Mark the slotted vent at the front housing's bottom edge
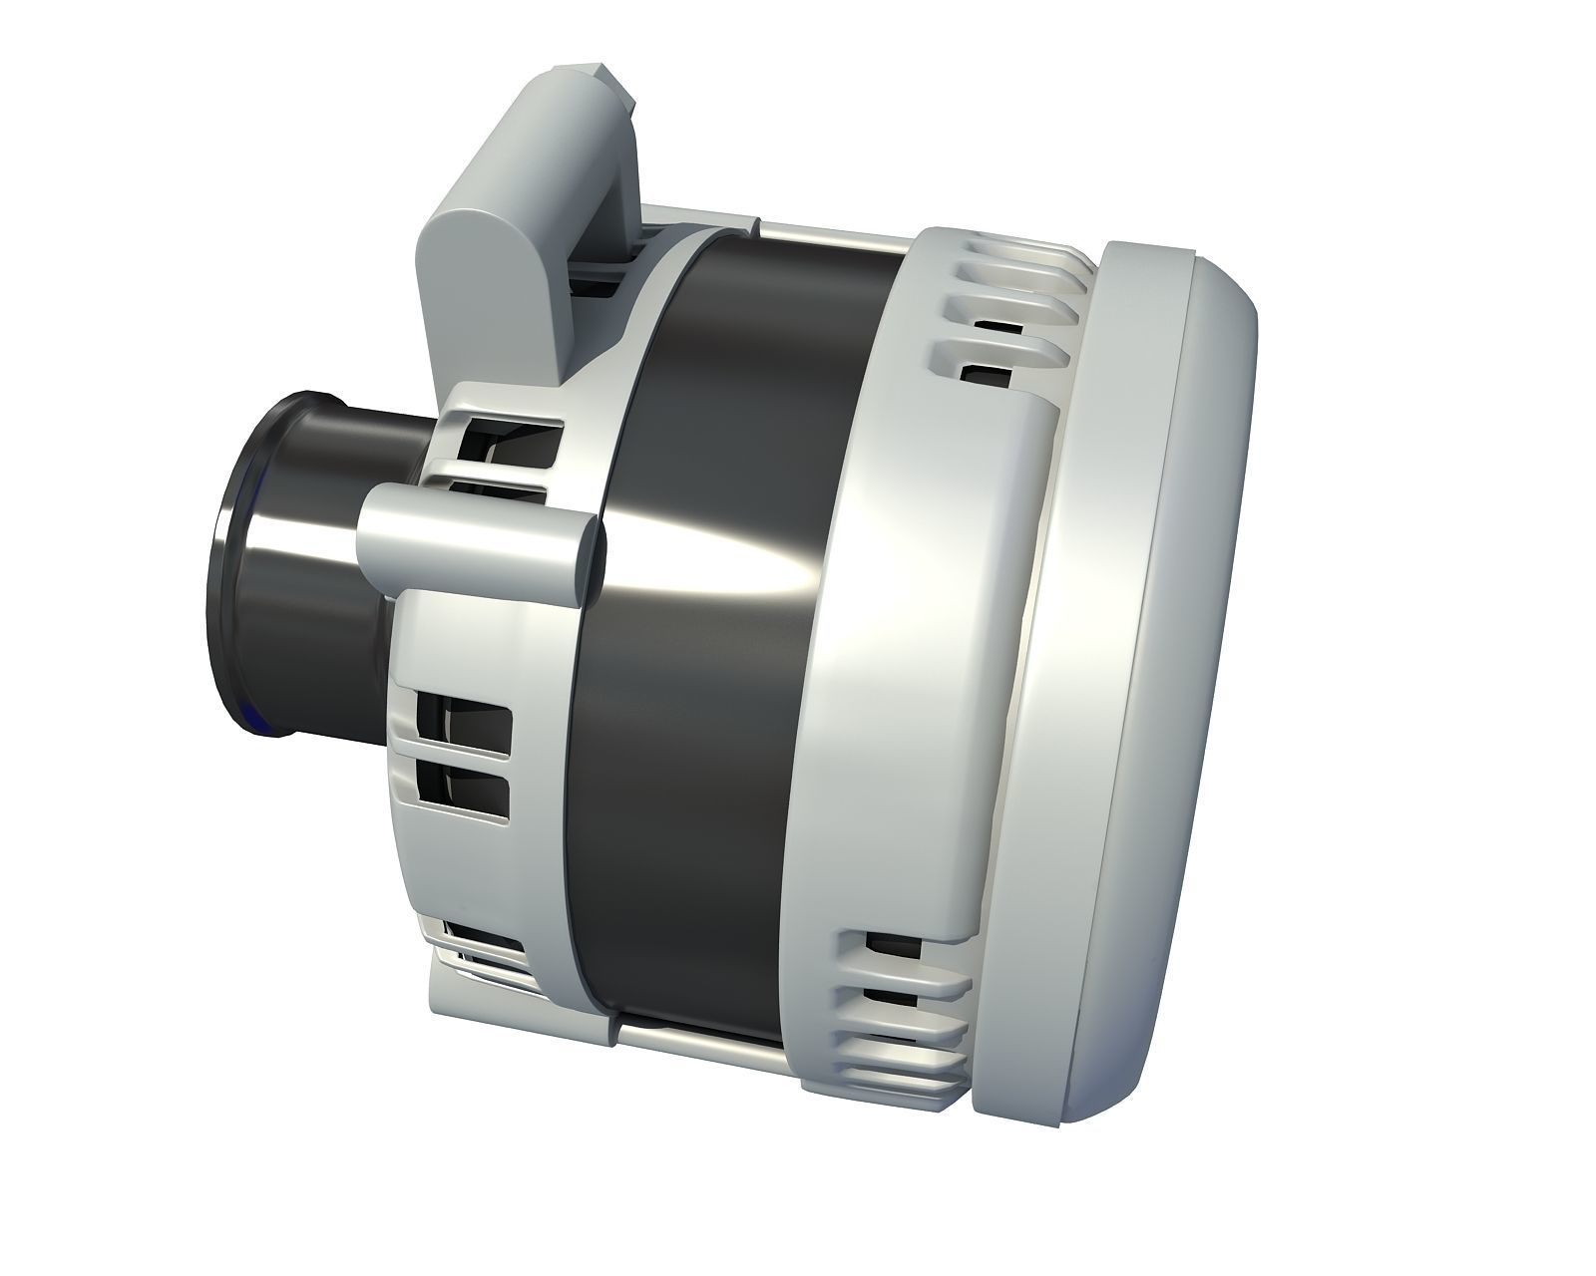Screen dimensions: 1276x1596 click(479, 947)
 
